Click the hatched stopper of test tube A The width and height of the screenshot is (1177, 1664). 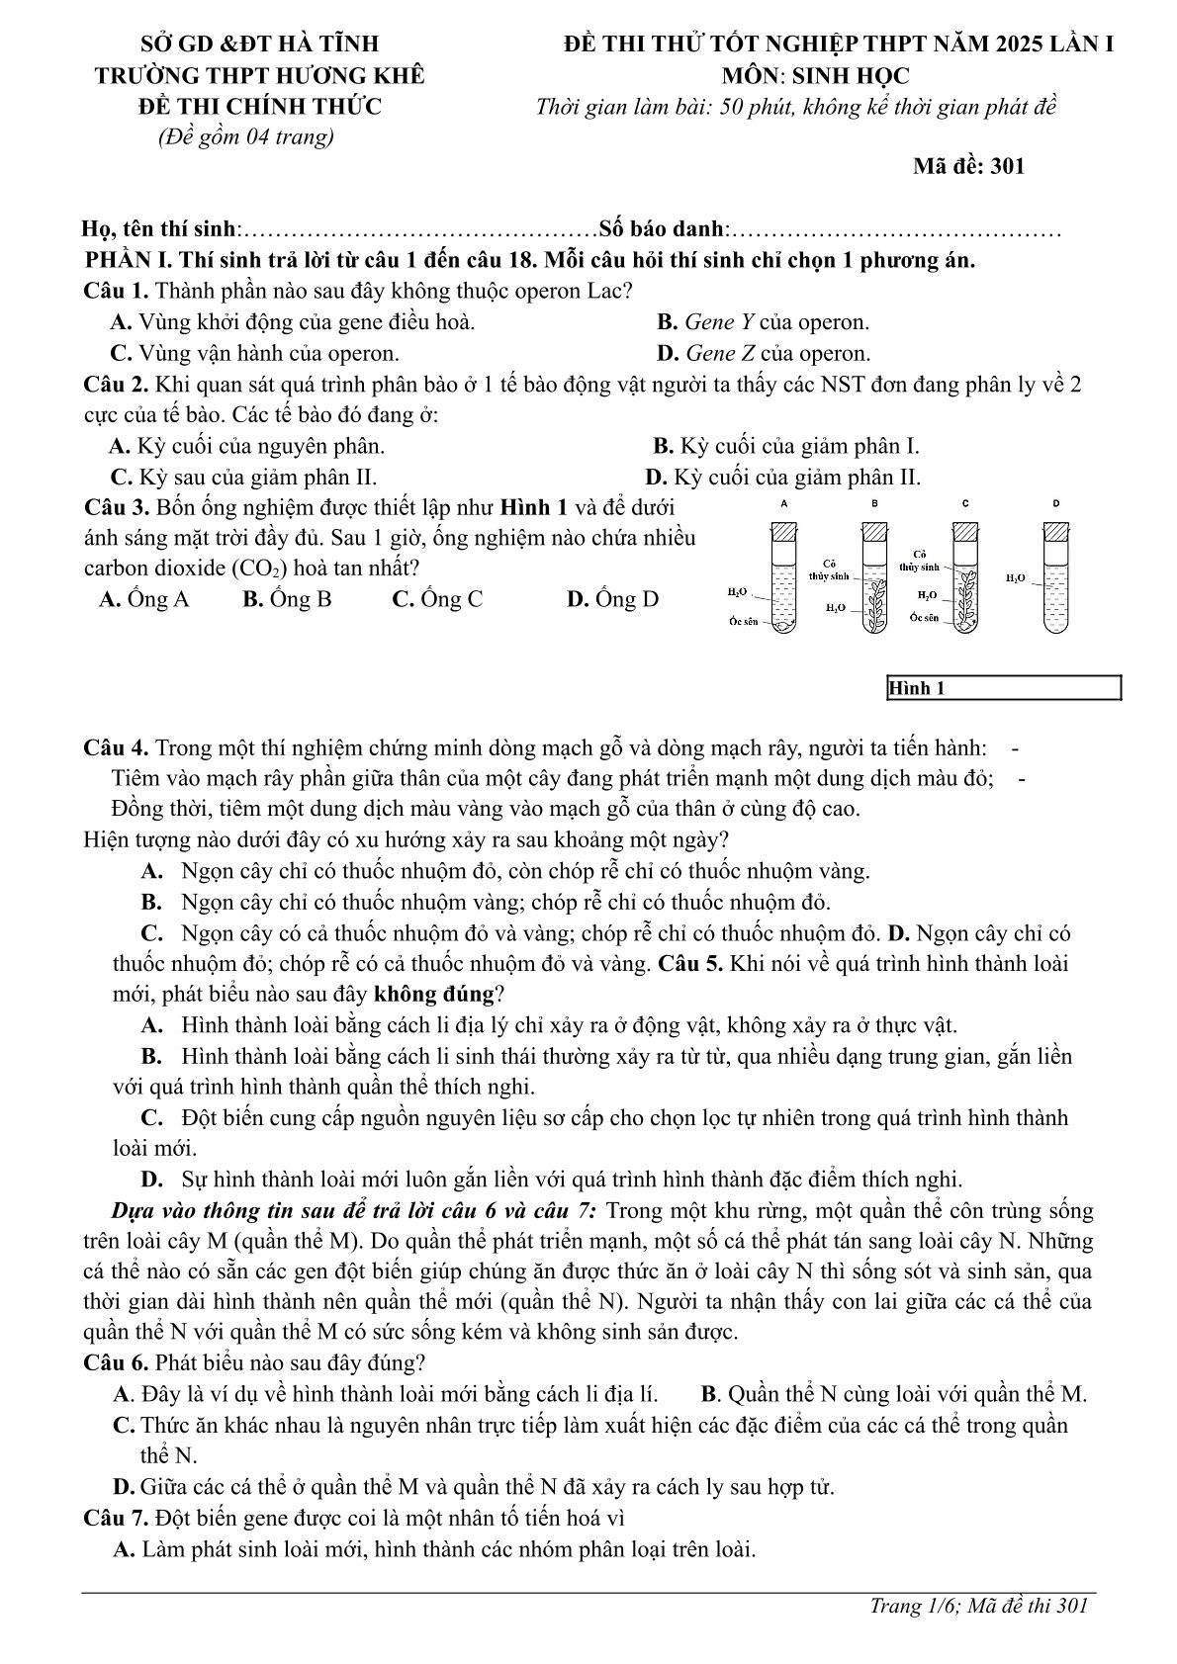pos(784,531)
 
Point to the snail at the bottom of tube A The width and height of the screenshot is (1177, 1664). pos(783,624)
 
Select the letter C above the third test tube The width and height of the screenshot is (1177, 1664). pos(965,503)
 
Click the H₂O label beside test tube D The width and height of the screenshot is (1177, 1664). pos(1015,577)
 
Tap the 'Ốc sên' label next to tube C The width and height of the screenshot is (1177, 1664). pos(925,618)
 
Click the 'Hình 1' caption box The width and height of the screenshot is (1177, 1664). pos(1004,688)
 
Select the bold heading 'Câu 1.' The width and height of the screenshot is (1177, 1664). pos(117,292)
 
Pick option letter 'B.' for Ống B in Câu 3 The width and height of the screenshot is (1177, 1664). pos(252,599)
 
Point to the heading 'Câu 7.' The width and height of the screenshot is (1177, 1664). pos(117,1518)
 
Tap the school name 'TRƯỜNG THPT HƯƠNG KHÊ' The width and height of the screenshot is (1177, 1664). pos(259,76)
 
